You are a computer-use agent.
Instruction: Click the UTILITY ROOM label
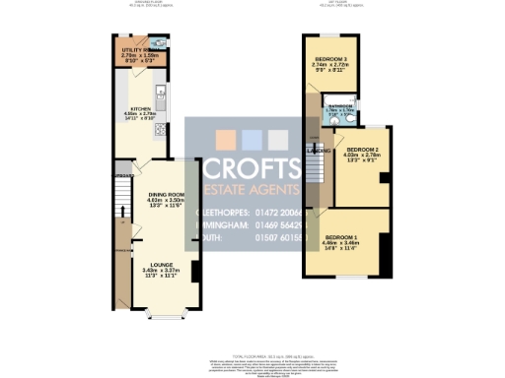[135, 48]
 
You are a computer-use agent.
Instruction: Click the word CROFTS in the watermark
[252, 167]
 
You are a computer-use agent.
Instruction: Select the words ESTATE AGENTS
[252, 189]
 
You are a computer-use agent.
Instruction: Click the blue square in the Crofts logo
[252, 139]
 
